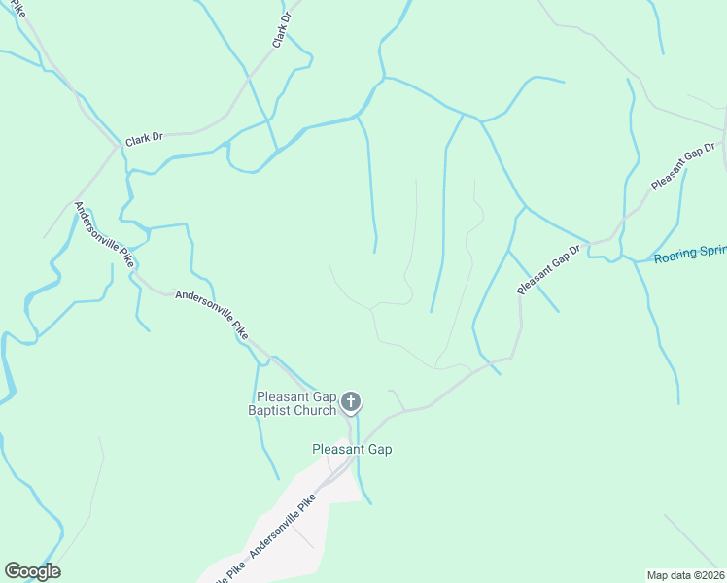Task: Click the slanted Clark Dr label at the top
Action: coord(281,30)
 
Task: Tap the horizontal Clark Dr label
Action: coord(143,139)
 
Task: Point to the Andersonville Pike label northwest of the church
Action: coord(211,312)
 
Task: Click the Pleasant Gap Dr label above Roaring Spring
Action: coord(682,166)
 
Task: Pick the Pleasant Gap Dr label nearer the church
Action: coord(548,269)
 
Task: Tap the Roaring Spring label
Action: coord(690,255)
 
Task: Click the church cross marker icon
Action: coord(352,401)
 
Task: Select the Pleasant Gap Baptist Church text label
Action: coord(295,403)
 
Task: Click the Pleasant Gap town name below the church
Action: coord(352,449)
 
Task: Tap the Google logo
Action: coord(32,571)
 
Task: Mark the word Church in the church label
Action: coord(315,410)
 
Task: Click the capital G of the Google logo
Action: coord(13,570)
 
